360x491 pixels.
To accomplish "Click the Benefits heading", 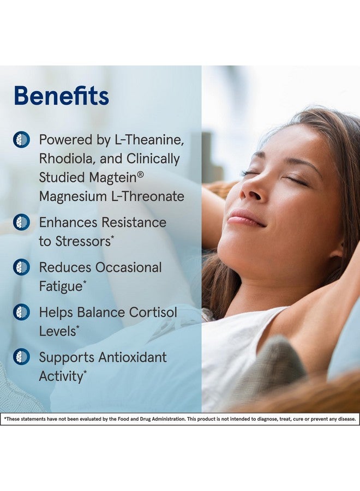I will click(x=61, y=96).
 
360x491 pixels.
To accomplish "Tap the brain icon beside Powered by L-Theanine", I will click(x=22, y=139).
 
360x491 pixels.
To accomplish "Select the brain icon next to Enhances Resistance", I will click(x=22, y=222).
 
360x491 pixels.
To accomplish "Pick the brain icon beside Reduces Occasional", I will click(x=22, y=267).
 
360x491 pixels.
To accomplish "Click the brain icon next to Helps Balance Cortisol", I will click(x=22, y=312).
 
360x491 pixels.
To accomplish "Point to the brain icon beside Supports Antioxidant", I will click(x=22, y=357).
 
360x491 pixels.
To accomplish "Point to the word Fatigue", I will click(x=61, y=286).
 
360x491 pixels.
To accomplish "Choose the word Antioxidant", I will click(x=133, y=357).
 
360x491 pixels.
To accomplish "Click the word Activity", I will click(x=61, y=376).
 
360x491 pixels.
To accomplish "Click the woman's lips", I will click(x=245, y=218).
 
